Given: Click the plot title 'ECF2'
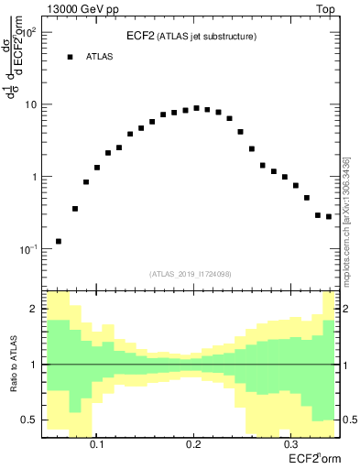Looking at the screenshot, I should (139, 36).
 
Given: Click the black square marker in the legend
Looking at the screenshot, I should (70, 57).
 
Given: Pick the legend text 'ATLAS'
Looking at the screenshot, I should (100, 57).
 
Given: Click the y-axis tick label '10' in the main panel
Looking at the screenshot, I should (30, 104).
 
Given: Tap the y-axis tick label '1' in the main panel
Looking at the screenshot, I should (34, 177).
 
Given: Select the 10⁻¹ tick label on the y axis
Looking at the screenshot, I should (30, 249).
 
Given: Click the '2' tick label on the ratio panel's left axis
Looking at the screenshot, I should (34, 310).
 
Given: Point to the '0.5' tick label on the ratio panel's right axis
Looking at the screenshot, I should (349, 420).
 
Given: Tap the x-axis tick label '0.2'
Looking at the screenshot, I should (192, 442).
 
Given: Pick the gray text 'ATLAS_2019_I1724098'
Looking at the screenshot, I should (191, 273).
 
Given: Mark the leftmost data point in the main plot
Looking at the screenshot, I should (59, 242).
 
